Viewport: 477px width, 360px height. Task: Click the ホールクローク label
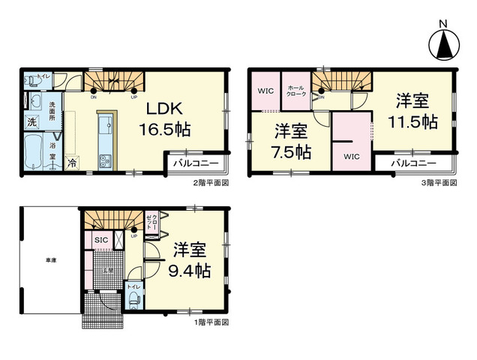(x=295, y=91)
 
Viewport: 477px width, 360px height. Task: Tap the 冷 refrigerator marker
(x=73, y=161)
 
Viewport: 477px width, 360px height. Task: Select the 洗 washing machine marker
(x=32, y=121)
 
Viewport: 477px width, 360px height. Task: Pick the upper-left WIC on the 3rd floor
(x=264, y=91)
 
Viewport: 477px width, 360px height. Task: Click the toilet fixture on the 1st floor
(x=133, y=299)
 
